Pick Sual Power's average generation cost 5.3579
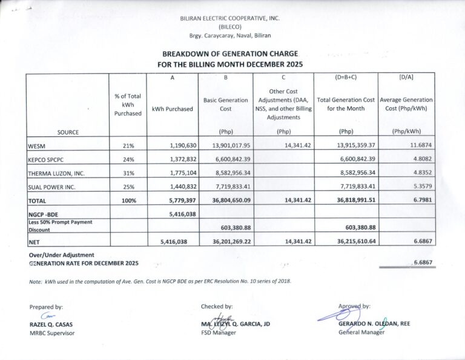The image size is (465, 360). (x=420, y=187)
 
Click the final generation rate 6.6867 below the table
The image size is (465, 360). (x=422, y=263)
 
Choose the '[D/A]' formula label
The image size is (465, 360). (x=407, y=78)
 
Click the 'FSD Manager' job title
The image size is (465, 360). (x=219, y=333)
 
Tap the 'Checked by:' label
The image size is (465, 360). (x=217, y=307)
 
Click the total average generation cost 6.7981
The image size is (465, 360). (x=421, y=200)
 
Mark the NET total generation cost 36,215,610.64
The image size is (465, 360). (x=346, y=241)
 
